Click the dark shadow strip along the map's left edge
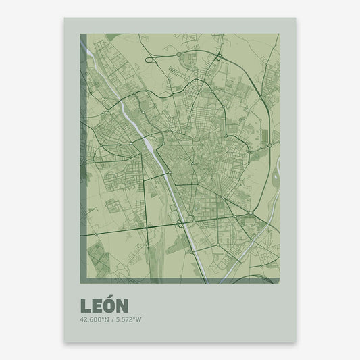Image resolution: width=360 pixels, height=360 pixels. [x=83, y=155]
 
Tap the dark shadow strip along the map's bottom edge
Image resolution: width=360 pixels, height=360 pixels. [x=176, y=280]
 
